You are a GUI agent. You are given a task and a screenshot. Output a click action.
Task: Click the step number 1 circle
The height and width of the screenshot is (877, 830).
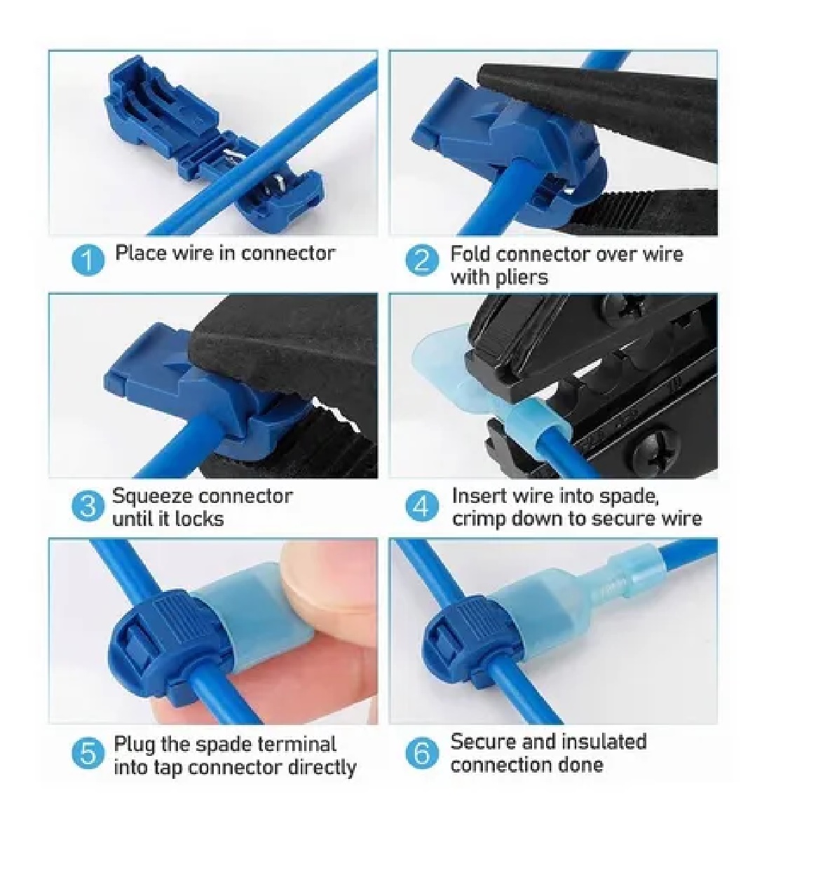click(88, 259)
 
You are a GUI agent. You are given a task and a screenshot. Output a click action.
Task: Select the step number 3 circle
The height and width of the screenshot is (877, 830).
click(88, 506)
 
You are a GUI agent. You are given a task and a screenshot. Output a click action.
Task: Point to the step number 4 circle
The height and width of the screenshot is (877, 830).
click(422, 506)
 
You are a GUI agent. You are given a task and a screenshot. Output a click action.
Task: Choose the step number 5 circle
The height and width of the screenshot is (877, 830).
click(88, 753)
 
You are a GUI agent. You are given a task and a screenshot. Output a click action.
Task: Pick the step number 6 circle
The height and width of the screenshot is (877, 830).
click(422, 753)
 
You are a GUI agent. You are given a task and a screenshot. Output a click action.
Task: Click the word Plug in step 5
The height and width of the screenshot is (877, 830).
click(135, 744)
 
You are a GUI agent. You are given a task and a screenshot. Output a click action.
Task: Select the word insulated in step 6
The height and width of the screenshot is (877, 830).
click(604, 741)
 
